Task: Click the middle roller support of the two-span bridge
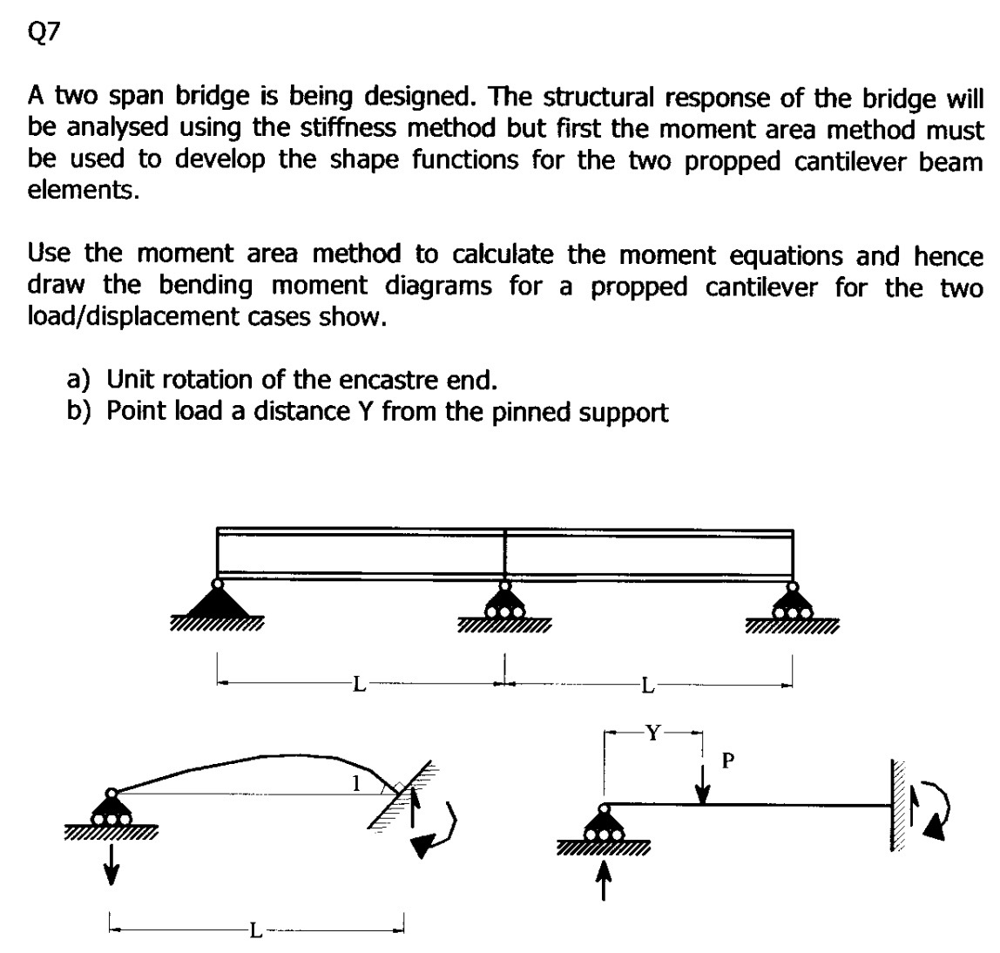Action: [503, 603]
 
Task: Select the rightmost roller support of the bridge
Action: [792, 603]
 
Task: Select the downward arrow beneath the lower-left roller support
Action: [111, 863]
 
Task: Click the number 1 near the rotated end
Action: [355, 781]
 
